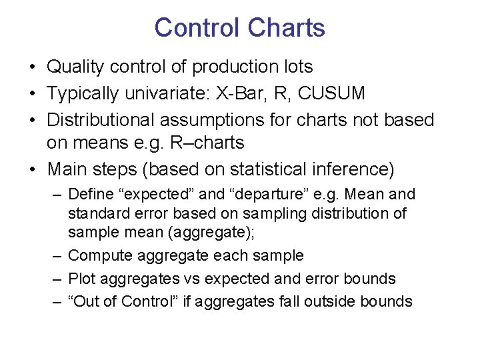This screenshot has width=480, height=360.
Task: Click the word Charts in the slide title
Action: [x=286, y=28]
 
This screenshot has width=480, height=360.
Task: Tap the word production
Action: [x=233, y=67]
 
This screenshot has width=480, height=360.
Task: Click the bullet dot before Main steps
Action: [x=32, y=169]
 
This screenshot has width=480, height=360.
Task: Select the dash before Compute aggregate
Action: [x=57, y=256]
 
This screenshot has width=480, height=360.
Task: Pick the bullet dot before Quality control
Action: [x=32, y=67]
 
